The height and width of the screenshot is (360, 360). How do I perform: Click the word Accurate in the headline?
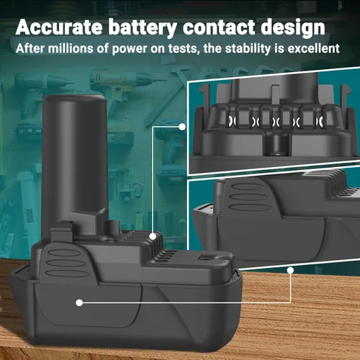click(59, 27)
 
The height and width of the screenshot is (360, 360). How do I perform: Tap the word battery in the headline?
click(143, 28)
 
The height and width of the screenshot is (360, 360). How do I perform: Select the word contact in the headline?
click(219, 27)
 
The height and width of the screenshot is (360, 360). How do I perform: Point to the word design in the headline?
click(293, 28)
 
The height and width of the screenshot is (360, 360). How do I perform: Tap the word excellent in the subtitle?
click(313, 48)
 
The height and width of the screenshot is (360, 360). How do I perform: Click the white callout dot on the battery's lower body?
click(79, 302)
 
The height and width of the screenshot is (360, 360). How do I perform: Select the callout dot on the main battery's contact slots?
click(153, 237)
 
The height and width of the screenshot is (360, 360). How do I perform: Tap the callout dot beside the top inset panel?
click(182, 127)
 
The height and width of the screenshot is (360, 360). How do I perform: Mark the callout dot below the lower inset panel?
click(290, 271)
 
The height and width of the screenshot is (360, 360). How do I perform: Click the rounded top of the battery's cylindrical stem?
click(74, 99)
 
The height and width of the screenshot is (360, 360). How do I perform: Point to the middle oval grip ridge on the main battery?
click(66, 263)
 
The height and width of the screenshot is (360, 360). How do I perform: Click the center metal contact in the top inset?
click(276, 121)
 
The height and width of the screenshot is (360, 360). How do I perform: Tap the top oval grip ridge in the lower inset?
click(247, 186)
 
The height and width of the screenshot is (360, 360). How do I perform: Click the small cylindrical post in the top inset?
click(278, 145)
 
